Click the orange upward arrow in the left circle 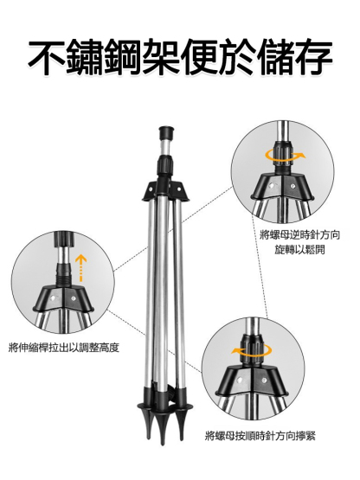pyautogui.click(x=80, y=266)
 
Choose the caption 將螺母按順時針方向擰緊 pyautogui.click(x=260, y=435)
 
